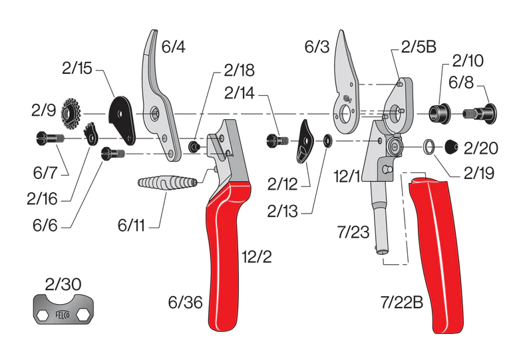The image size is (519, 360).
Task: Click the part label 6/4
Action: tap(174, 47)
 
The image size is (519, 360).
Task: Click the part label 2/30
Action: tap(64, 284)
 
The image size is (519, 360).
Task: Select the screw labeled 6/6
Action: tap(113, 154)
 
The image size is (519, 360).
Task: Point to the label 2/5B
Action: tap(418, 48)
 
